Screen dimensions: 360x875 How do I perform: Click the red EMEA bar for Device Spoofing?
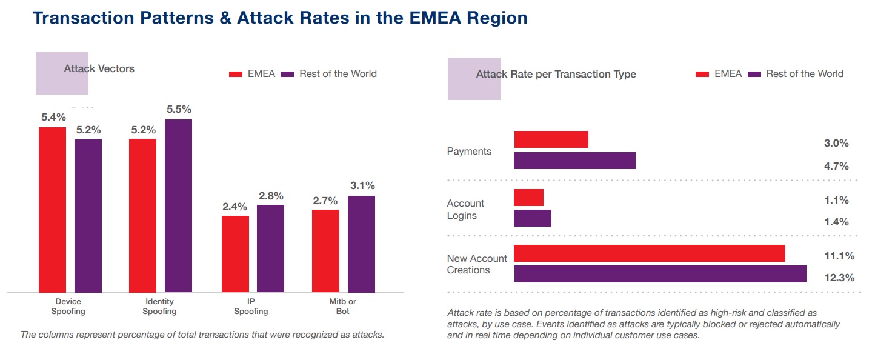point(53,210)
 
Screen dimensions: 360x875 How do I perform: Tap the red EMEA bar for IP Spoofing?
point(235,254)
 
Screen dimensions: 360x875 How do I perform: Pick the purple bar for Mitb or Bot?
point(361,244)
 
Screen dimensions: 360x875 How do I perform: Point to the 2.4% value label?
point(235,207)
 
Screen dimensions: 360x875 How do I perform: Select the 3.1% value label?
point(362,186)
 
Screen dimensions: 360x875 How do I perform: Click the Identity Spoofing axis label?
point(159,307)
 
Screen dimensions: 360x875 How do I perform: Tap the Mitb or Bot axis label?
point(342,307)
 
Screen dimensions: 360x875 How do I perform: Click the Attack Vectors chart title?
point(99,69)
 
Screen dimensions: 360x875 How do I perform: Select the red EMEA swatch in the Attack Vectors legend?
point(236,74)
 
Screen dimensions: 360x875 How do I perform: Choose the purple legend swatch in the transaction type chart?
point(754,74)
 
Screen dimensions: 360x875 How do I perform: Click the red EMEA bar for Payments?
point(551,139)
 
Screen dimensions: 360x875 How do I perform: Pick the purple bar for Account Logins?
point(532,218)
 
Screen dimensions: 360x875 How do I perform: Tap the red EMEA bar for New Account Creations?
point(649,253)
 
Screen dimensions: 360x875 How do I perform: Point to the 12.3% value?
point(839,278)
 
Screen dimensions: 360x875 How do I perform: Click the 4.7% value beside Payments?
point(836,166)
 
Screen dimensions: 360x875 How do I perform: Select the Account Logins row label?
point(465,210)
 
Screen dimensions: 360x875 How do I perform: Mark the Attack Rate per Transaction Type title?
point(556,75)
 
